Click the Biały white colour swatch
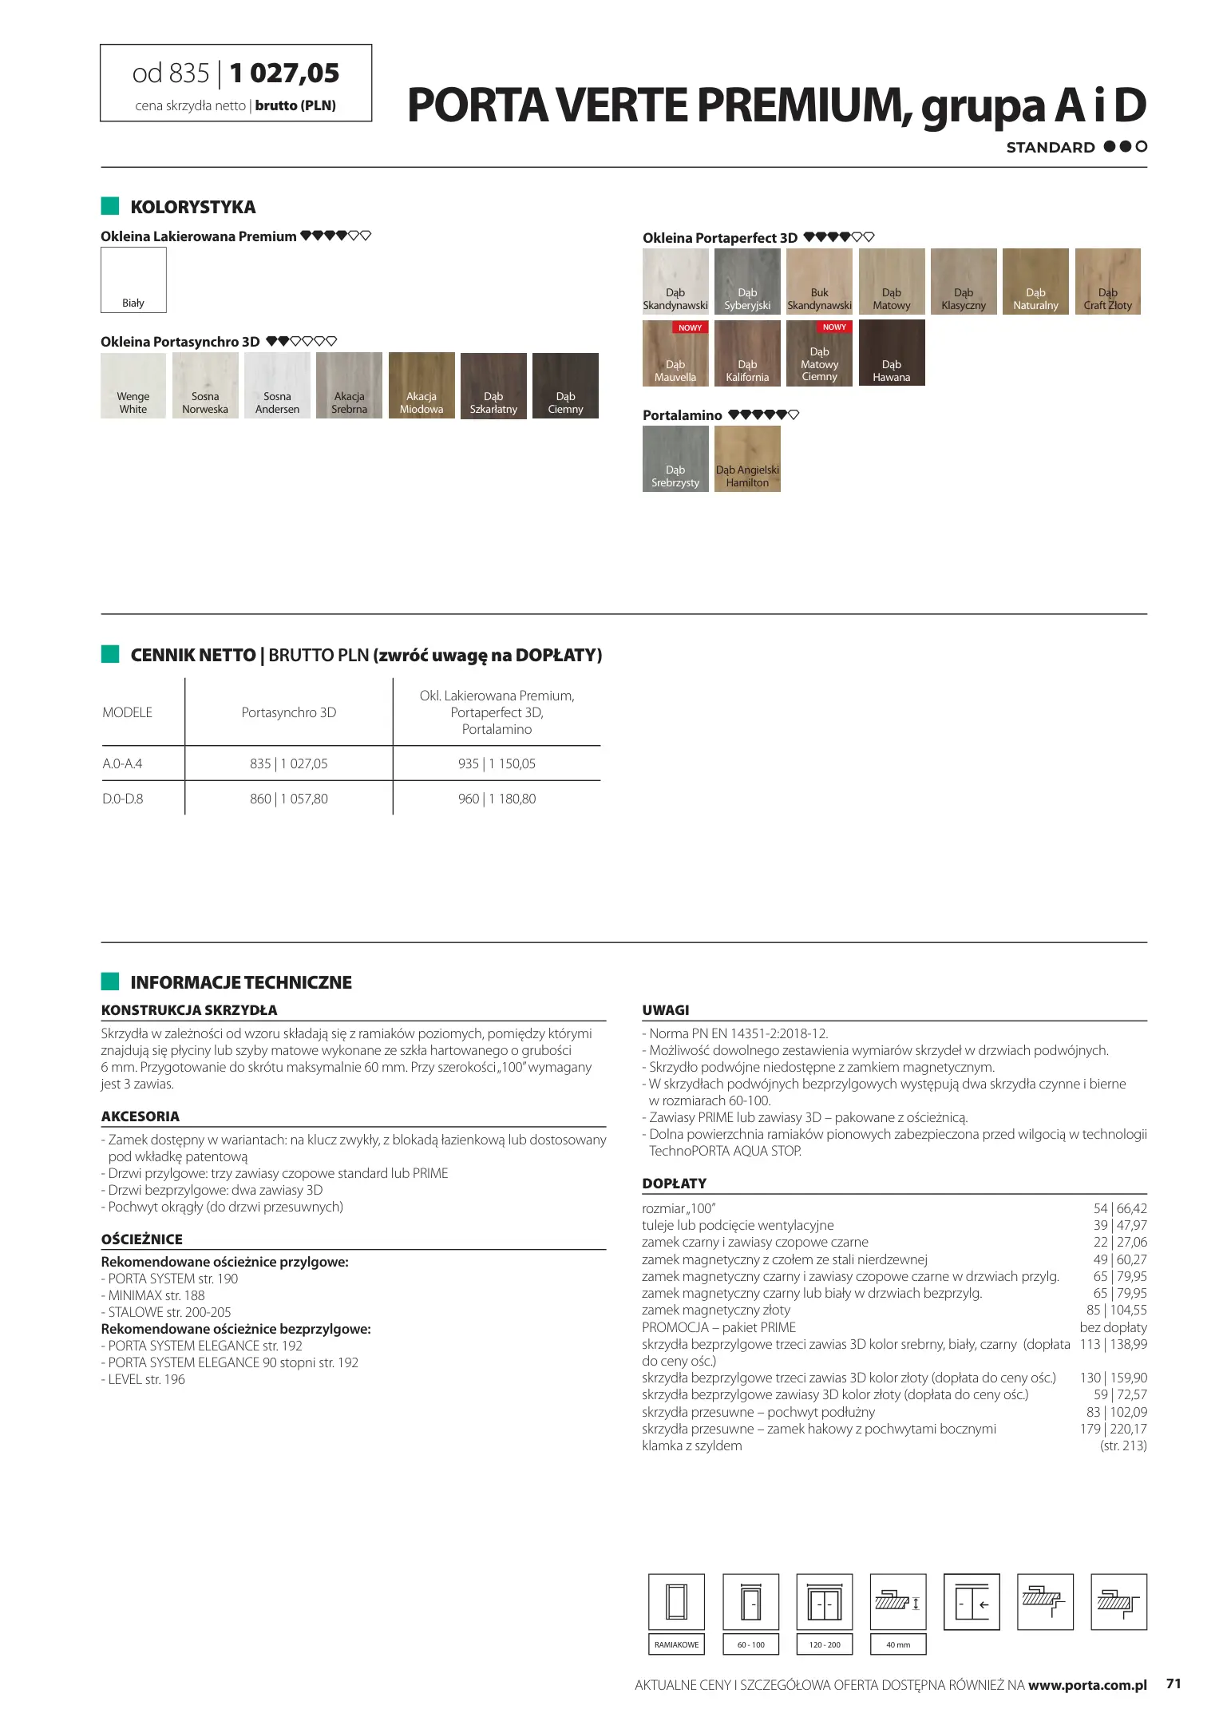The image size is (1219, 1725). pyautogui.click(x=133, y=280)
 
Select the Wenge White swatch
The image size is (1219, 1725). pyautogui.click(x=133, y=385)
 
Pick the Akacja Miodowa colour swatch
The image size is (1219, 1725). pyautogui.click(x=422, y=385)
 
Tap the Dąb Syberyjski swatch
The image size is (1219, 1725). pyautogui.click(x=747, y=281)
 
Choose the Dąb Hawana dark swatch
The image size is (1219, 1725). pyautogui.click(x=892, y=352)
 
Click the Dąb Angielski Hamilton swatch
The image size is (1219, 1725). pyautogui.click(x=747, y=458)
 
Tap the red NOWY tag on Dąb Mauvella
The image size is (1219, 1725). pyautogui.click(x=690, y=327)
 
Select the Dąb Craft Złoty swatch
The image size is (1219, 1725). pyautogui.click(x=1107, y=281)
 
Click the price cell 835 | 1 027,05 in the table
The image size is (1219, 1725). pyautogui.click(x=289, y=763)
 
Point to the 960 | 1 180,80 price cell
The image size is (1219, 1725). pyautogui.click(x=497, y=799)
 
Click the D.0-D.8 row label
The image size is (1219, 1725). pyautogui.click(x=123, y=799)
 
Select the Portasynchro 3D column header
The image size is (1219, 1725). pyautogui.click(x=289, y=712)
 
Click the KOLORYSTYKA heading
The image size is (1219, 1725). pyautogui.click(x=193, y=208)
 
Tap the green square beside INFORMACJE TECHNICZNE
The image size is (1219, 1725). pyautogui.click(x=110, y=981)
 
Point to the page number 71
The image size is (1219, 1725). pyautogui.click(x=1173, y=1683)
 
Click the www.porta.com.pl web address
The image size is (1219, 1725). pyautogui.click(x=1087, y=1685)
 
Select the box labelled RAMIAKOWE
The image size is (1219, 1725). pyautogui.click(x=676, y=1644)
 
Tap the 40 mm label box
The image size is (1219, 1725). pyautogui.click(x=898, y=1644)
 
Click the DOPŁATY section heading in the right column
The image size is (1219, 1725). pyautogui.click(x=675, y=1184)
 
